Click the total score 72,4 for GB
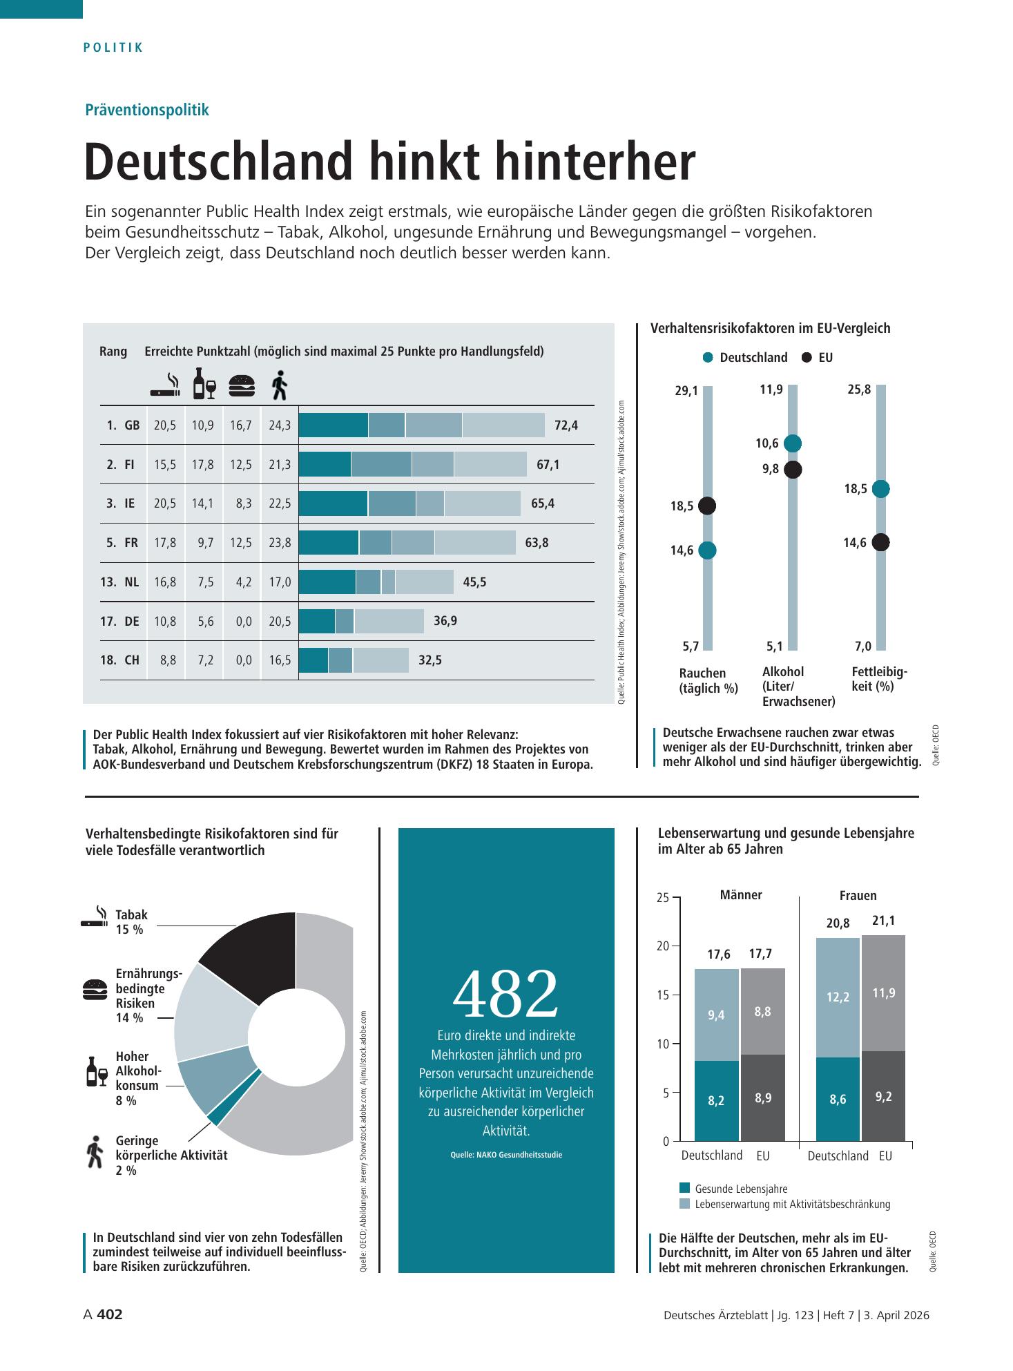tap(566, 425)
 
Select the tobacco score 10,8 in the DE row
tap(165, 622)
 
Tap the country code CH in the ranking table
tap(132, 660)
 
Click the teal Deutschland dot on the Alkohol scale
tap(793, 443)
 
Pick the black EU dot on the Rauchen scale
tap(707, 506)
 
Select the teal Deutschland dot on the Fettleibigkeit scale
tap(880, 489)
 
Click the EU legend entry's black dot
tap(807, 358)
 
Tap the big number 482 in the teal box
tap(505, 994)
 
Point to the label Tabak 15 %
tap(132, 922)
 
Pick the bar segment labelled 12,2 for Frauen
tap(838, 998)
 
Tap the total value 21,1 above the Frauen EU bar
tap(883, 921)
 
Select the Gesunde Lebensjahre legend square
tap(685, 1188)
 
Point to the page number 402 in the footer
tap(110, 1314)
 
